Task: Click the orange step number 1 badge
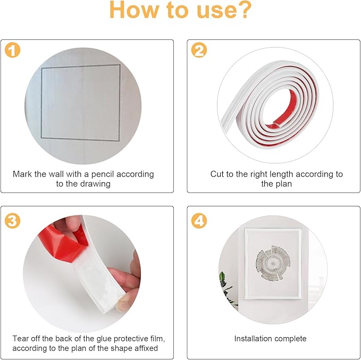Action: (12, 50)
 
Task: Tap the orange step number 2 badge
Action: (199, 50)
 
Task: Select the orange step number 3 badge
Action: (12, 221)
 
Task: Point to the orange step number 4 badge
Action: (199, 221)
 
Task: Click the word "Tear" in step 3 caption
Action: (20, 339)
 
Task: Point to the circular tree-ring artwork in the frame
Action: (273, 263)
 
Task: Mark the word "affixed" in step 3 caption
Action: (146, 348)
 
